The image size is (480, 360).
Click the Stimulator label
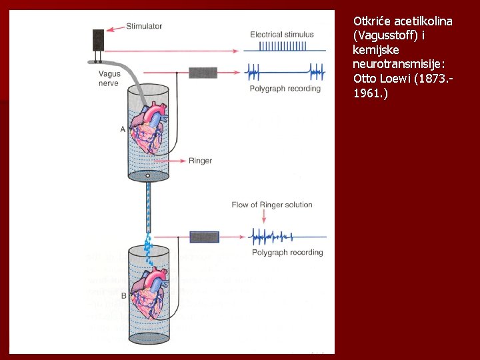click(x=143, y=26)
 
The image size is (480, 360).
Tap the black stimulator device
click(x=99, y=40)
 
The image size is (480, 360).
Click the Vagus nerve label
click(x=109, y=79)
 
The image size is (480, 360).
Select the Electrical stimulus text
click(x=281, y=34)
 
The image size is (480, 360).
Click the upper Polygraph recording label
click(x=285, y=89)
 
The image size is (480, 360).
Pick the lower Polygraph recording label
click(x=287, y=252)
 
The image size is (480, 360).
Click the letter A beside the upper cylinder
click(x=123, y=129)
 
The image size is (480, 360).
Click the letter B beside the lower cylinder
click(x=123, y=296)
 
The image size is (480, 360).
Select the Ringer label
click(x=200, y=161)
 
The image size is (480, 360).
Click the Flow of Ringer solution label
click(x=272, y=205)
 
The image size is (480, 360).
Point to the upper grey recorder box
click(x=203, y=72)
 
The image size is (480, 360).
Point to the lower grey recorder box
click(x=204, y=237)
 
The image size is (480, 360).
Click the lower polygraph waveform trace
click(x=287, y=236)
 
